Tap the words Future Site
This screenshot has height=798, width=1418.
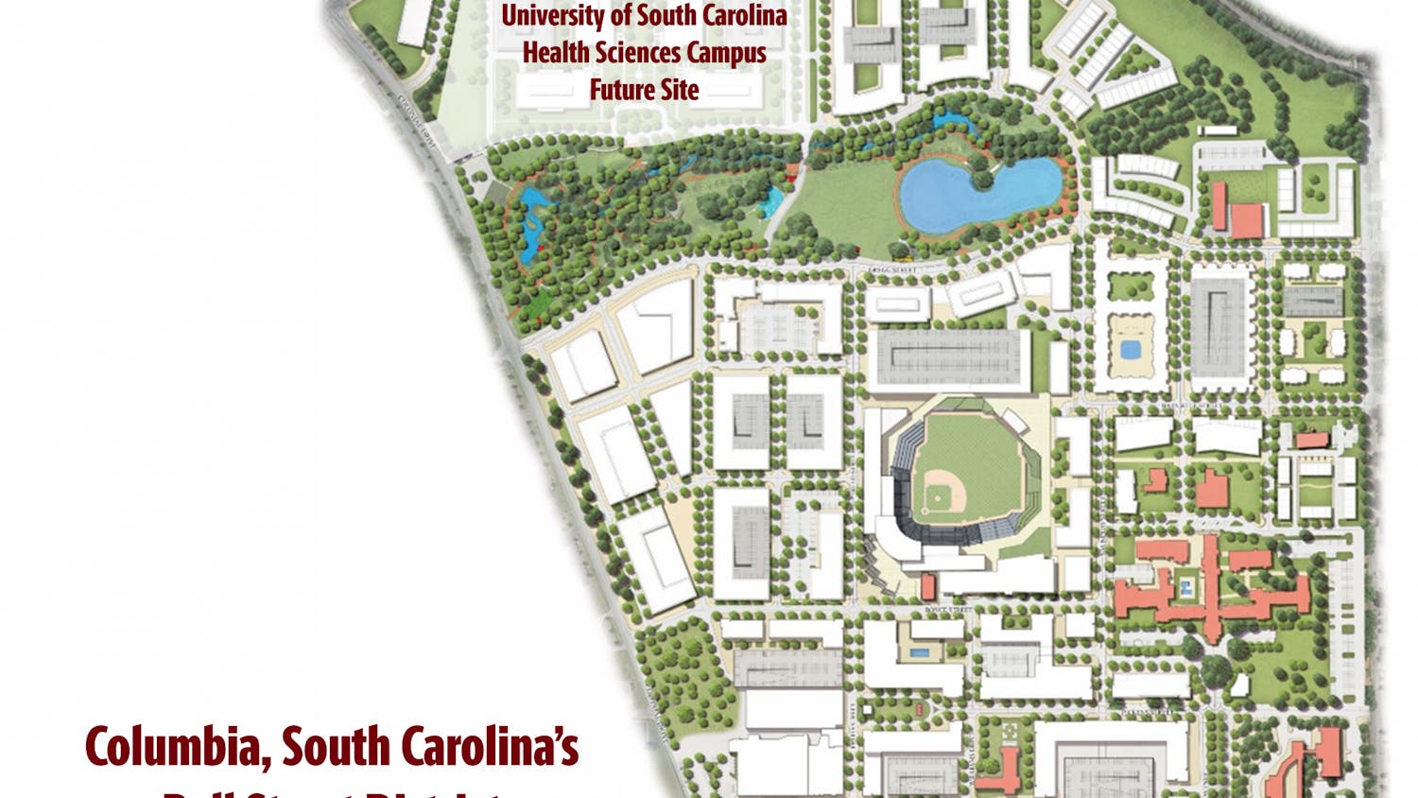pyautogui.click(x=644, y=90)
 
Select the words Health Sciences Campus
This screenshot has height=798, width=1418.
pyautogui.click(x=644, y=53)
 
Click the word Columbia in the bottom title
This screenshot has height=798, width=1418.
pyautogui.click(x=176, y=747)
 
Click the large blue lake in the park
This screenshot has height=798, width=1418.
pyautogui.click(x=974, y=194)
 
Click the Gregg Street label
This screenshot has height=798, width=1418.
pyautogui.click(x=892, y=271)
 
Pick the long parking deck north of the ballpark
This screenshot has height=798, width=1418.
pyautogui.click(x=949, y=356)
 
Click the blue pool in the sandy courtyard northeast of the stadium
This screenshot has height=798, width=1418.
pyautogui.click(x=1130, y=350)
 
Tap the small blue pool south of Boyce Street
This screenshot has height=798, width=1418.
pyautogui.click(x=918, y=652)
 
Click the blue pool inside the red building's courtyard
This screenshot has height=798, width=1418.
pyautogui.click(x=1185, y=591)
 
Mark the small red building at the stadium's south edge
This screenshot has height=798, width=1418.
pyautogui.click(x=928, y=587)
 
